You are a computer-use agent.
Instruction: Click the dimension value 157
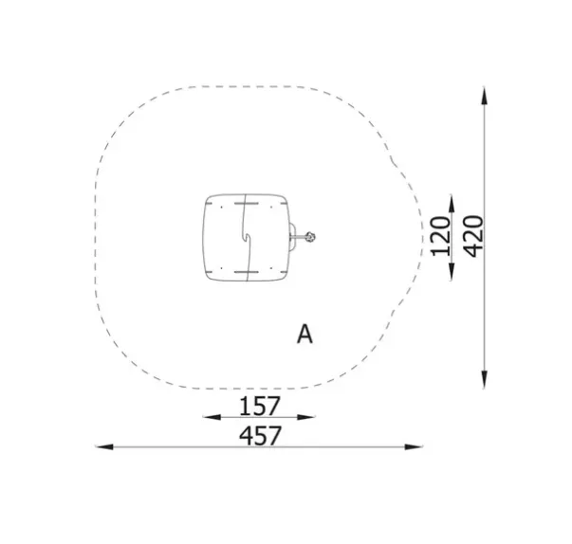[x=260, y=406]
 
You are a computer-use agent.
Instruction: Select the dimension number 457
[x=260, y=435]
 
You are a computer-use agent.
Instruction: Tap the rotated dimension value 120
[x=439, y=236]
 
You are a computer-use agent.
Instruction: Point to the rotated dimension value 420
[x=472, y=236]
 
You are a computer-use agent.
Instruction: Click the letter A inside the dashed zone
[x=304, y=335]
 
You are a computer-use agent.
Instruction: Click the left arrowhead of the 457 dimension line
[x=104, y=446]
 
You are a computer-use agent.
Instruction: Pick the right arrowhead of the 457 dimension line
[x=414, y=446]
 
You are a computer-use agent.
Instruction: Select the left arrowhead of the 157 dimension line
[x=212, y=417]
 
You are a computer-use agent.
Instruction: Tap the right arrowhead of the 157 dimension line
[x=306, y=417]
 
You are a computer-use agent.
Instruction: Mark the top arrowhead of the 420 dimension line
[x=484, y=96]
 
